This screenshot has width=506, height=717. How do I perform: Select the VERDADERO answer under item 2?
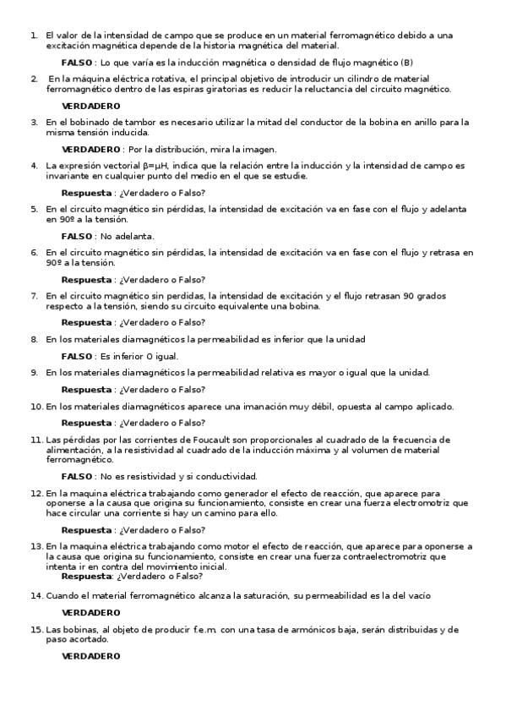(x=91, y=106)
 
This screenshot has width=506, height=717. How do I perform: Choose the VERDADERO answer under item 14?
(x=91, y=612)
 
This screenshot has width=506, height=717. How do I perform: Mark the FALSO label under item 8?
(x=77, y=356)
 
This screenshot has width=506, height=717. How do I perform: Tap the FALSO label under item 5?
(x=77, y=235)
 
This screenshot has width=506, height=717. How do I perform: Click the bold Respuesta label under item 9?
(x=87, y=389)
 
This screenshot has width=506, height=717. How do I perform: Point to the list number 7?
(x=34, y=295)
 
